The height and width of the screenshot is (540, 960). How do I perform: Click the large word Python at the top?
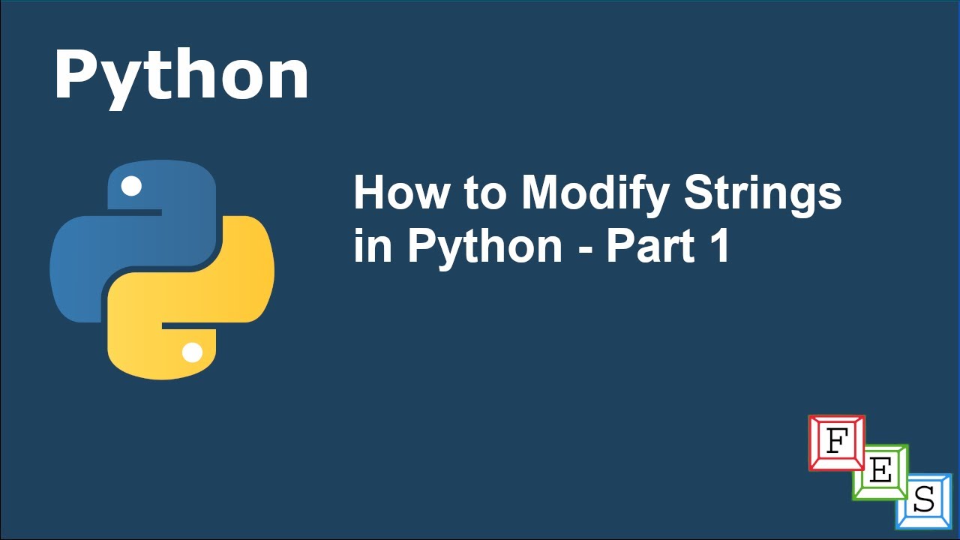[181, 76]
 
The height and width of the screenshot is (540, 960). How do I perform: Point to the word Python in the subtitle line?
[484, 246]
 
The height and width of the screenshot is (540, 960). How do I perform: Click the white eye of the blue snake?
[131, 186]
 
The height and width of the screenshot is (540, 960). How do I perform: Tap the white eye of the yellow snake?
[192, 352]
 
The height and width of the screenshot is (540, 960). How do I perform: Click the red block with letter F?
[835, 442]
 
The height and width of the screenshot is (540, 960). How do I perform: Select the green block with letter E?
[880, 472]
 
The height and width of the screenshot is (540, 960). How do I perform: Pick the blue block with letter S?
[924, 501]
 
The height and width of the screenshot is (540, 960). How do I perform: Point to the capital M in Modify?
[543, 193]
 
